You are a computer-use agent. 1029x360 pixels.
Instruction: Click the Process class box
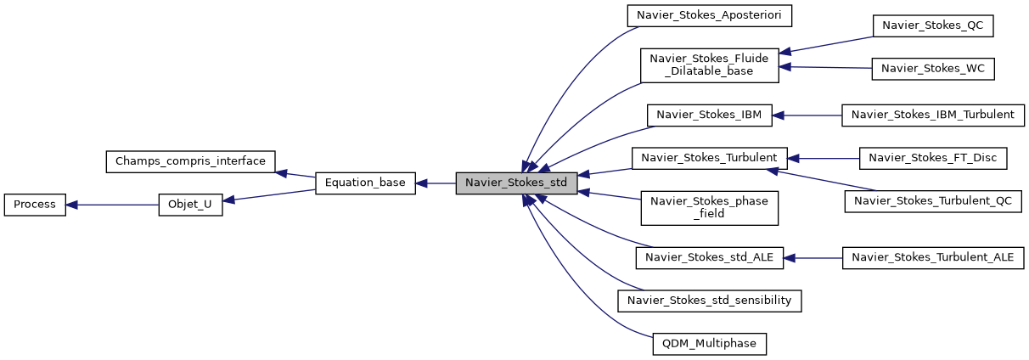pyautogui.click(x=35, y=205)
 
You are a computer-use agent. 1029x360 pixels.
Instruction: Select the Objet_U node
pyautogui.click(x=190, y=205)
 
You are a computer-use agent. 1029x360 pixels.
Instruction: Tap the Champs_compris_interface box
pyautogui.click(x=190, y=160)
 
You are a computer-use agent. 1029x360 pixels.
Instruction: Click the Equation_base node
pyautogui.click(x=365, y=183)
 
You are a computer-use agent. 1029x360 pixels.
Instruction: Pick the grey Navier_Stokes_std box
pyautogui.click(x=516, y=183)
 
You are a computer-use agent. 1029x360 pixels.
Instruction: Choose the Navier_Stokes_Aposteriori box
pyautogui.click(x=709, y=15)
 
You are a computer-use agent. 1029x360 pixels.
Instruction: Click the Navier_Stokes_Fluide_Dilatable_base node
pyautogui.click(x=709, y=65)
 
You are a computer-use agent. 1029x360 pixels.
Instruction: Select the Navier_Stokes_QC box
pyautogui.click(x=932, y=25)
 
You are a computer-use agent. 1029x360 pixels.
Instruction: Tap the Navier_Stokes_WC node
pyautogui.click(x=932, y=70)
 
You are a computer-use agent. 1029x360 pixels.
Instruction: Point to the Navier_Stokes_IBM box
pyautogui.click(x=709, y=115)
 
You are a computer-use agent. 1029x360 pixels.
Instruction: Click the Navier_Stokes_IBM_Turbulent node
pyautogui.click(x=932, y=115)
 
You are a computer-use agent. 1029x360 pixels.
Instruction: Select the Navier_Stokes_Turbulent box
pyautogui.click(x=709, y=157)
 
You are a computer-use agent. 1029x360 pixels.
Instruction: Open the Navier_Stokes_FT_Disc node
pyautogui.click(x=932, y=157)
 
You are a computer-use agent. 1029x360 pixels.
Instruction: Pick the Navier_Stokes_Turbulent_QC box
pyautogui.click(x=932, y=201)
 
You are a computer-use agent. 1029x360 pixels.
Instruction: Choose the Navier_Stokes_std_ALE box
pyautogui.click(x=709, y=257)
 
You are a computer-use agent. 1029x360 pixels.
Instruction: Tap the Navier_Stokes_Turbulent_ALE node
pyautogui.click(x=932, y=257)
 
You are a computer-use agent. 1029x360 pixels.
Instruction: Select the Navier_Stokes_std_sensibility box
pyautogui.click(x=709, y=301)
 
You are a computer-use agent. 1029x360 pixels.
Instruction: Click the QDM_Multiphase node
pyautogui.click(x=709, y=344)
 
